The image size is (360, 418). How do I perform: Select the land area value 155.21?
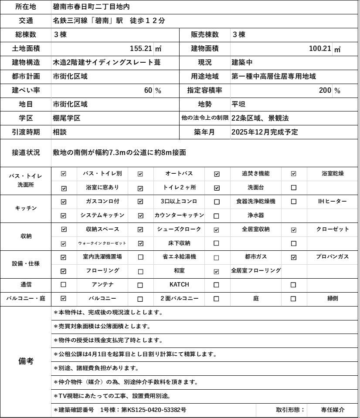point(141,48)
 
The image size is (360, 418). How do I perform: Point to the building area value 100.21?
point(320,48)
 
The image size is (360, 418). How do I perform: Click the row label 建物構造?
point(26,62)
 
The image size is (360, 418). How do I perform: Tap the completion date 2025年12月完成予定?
point(265,132)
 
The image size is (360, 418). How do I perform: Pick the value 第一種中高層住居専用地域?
point(274,76)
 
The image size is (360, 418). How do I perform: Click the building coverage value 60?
point(148,90)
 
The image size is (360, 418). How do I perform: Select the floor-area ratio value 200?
point(325,90)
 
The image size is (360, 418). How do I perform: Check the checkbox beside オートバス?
point(140,174)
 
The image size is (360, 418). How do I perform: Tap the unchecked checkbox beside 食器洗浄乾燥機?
point(217,202)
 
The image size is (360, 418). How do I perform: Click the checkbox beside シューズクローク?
point(140,229)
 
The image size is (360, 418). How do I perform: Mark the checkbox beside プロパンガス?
point(293,257)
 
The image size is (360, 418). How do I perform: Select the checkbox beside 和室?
point(140,271)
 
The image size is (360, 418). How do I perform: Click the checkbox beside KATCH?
point(140,285)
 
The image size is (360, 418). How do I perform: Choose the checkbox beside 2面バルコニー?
point(140,299)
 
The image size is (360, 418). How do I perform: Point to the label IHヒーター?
point(333,201)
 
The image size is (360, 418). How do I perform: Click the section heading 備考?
point(26,361)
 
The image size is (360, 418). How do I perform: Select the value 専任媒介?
point(333,410)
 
